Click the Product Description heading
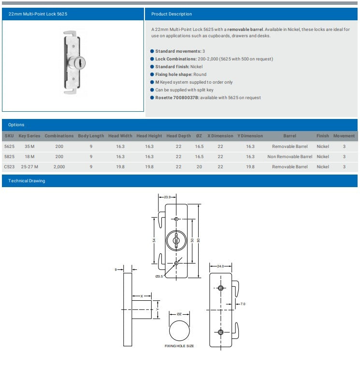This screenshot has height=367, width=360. click(x=172, y=14)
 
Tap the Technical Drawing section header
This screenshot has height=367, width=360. click(x=27, y=181)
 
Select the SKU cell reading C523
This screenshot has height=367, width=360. click(x=9, y=167)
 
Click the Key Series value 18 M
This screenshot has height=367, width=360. click(x=29, y=157)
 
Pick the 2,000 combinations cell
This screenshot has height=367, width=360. click(x=59, y=167)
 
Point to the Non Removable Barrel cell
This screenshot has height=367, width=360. click(x=289, y=157)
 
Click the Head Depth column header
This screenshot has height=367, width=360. click(x=178, y=136)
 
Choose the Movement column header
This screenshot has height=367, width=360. click(x=344, y=136)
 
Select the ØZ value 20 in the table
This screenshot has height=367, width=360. click(x=199, y=167)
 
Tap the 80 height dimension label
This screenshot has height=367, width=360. click(x=198, y=240)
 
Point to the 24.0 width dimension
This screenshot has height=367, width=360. click(x=221, y=266)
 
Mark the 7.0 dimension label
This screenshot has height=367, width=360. click(x=243, y=304)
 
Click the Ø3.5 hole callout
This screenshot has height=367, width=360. click(x=159, y=276)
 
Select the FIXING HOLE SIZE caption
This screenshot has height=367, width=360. click(x=179, y=346)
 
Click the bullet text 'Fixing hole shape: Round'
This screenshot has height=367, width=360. click(x=181, y=74)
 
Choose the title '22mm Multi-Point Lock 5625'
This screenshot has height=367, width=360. click(x=38, y=14)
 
